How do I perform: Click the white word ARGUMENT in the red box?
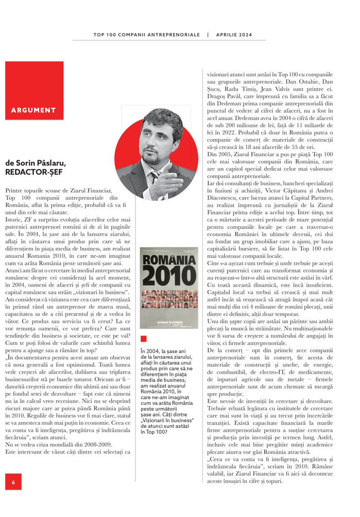(33, 110)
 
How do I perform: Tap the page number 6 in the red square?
(13, 482)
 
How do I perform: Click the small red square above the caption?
(143, 339)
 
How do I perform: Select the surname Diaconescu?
(224, 205)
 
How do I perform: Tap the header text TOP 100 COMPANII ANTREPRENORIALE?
(146, 35)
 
